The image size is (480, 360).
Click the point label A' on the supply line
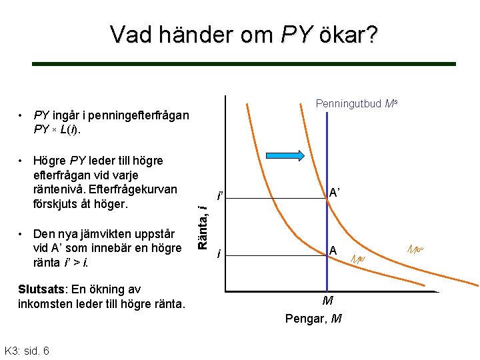pos(335,193)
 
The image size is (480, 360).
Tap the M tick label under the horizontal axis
pos(327,301)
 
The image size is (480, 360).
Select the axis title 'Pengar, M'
pos(313,318)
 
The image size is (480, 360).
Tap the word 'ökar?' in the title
pos(349,33)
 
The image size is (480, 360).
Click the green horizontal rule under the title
pos(244,64)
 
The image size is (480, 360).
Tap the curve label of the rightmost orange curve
pos(416,249)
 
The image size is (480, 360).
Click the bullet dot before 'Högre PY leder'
pos(23,161)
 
